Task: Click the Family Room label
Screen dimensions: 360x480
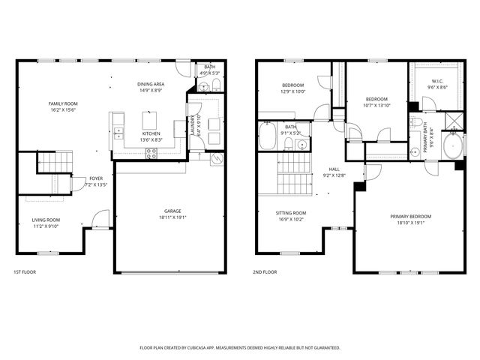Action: tap(63, 103)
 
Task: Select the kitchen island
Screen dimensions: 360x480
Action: tap(151, 120)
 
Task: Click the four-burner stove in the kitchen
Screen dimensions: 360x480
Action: tap(151, 153)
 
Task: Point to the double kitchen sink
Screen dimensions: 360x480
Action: tap(118, 133)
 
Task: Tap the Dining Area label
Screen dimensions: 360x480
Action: tap(151, 84)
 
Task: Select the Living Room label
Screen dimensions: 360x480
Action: tap(45, 220)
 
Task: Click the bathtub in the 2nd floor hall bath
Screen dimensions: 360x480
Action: tap(268, 137)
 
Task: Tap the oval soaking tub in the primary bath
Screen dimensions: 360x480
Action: tap(453, 145)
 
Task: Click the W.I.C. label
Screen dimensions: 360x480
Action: tap(438, 81)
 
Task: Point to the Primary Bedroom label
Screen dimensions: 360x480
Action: tap(410, 216)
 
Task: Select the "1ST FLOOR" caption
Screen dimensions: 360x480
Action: tap(25, 272)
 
